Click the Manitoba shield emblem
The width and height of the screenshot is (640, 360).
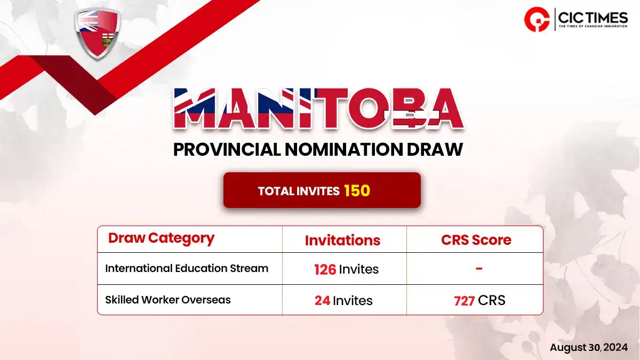pos(98,34)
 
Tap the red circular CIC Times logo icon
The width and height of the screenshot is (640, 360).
pos(537,19)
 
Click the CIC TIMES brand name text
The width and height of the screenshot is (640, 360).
pos(593,18)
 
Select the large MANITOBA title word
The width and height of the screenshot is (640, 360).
pos(318,109)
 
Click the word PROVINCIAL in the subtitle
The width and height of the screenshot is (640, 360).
pos(227,149)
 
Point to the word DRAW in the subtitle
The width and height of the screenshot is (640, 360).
pos(435,149)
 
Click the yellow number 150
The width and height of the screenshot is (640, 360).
pos(357,190)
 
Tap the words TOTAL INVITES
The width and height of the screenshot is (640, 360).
pos(299,191)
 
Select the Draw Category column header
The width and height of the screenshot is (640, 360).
pos(161,238)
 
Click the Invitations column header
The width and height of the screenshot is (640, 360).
pos(342,241)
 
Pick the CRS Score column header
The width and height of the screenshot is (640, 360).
pos(476,240)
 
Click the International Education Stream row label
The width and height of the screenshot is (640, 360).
pos(187,268)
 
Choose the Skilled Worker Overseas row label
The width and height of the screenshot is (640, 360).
pos(167,300)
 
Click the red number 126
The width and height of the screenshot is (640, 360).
pos(325,269)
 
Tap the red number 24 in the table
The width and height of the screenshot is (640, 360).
pos(322,301)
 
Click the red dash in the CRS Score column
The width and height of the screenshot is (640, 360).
pos(479,268)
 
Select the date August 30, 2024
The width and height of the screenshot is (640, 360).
pos(589,347)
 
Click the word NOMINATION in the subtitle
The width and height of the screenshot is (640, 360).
pos(344,149)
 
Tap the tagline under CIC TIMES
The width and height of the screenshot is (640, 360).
pos(593,27)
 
